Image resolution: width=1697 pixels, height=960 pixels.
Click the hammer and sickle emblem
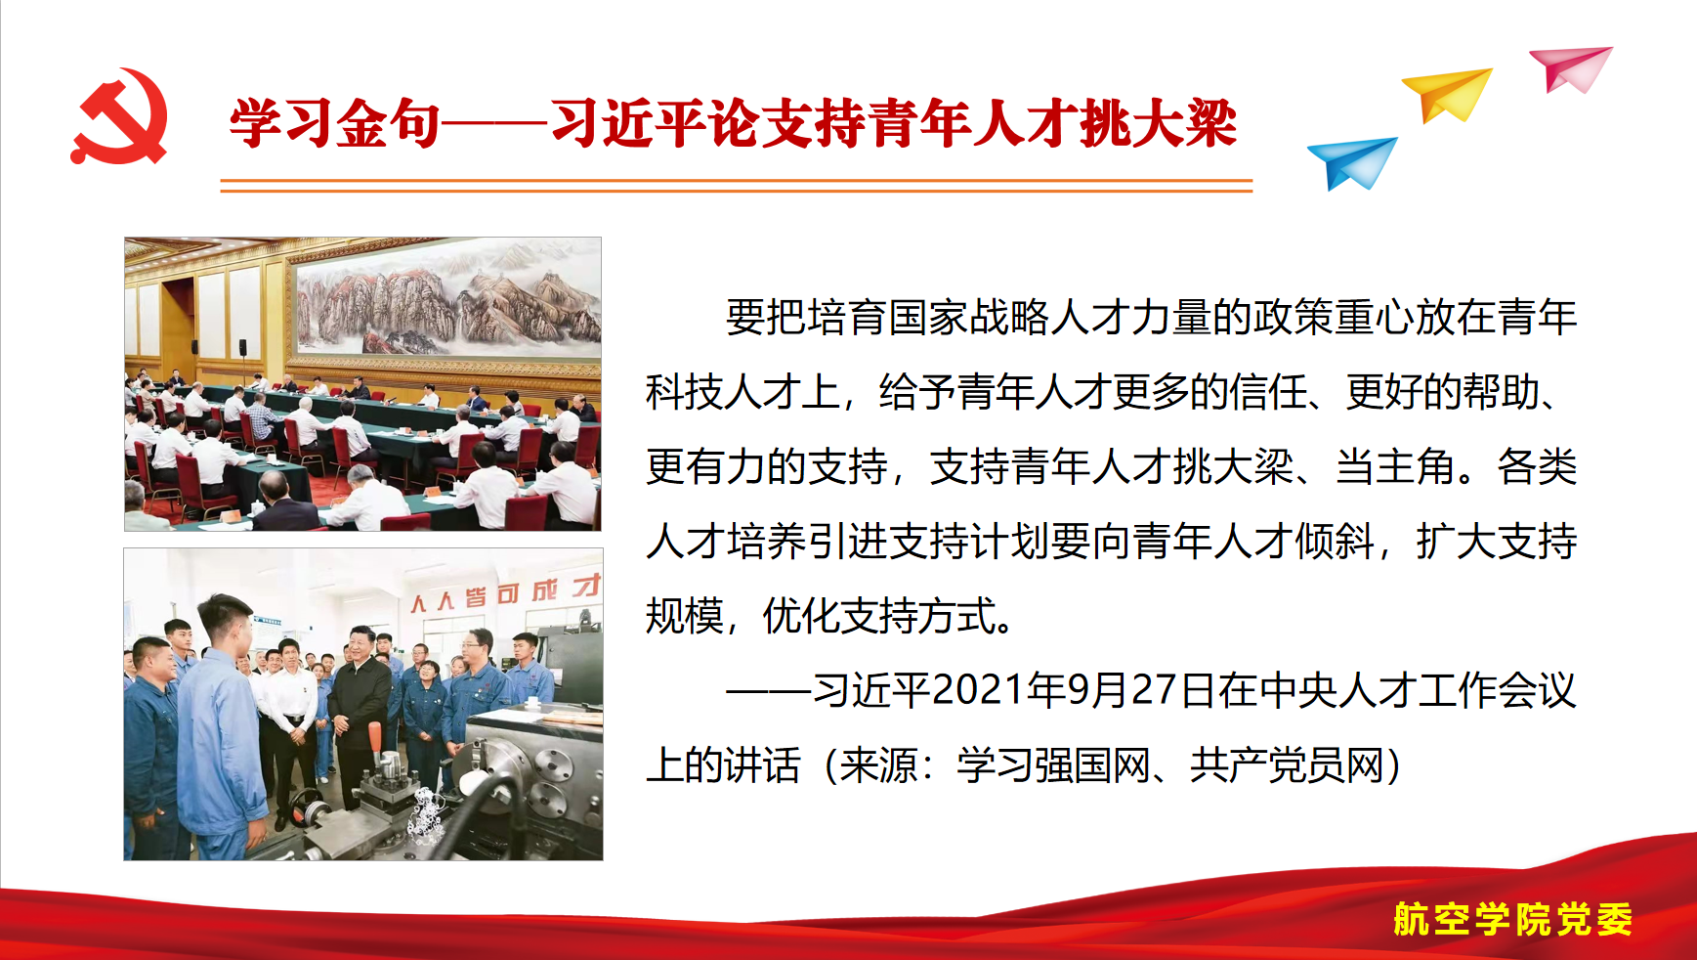pyautogui.click(x=119, y=115)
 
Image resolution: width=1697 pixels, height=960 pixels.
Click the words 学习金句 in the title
pyautogui.click(x=334, y=124)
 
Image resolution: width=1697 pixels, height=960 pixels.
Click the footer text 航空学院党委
pyautogui.click(x=1512, y=919)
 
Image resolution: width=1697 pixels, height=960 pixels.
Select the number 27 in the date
pyautogui.click(x=1153, y=690)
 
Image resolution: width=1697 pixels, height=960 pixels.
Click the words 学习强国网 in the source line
pyautogui.click(x=1053, y=765)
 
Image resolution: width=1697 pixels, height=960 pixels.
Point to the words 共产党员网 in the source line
pyautogui.click(x=1287, y=765)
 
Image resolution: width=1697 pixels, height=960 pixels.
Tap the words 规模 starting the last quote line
pyautogui.click(x=685, y=616)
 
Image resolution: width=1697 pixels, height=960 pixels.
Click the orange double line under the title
pyautogui.click(x=737, y=186)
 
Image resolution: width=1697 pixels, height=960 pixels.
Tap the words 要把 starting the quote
pyautogui.click(x=765, y=318)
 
